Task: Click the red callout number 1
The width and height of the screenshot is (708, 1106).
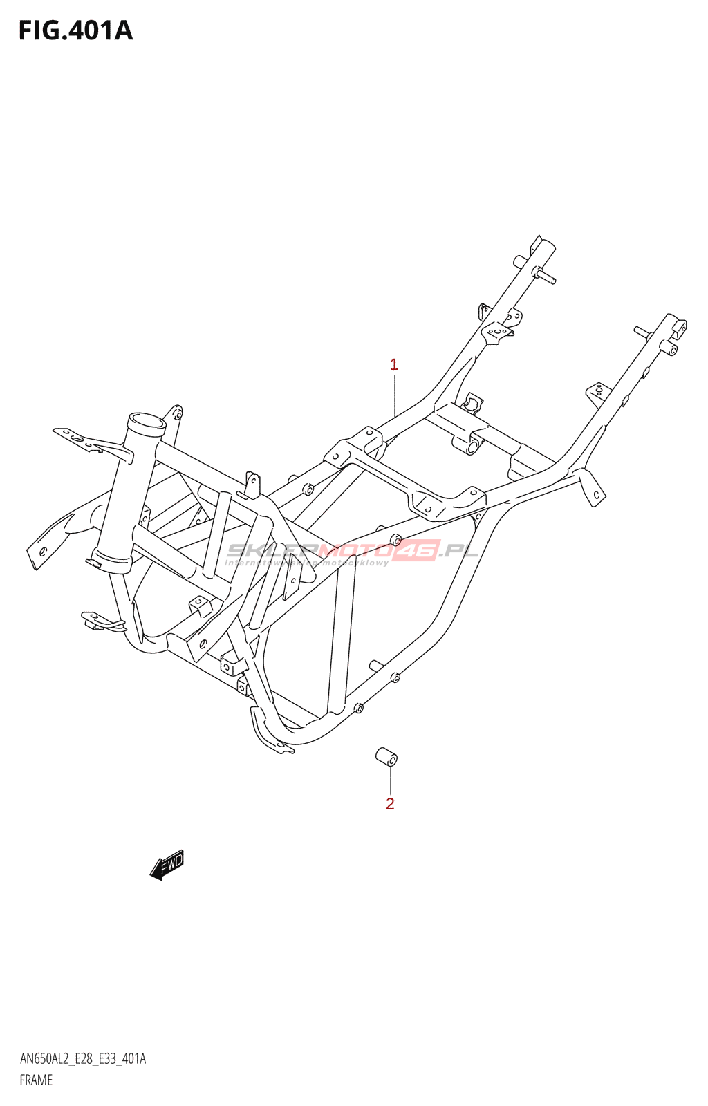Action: click(393, 365)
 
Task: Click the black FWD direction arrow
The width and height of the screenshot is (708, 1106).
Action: click(167, 865)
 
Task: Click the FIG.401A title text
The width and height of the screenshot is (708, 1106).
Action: click(75, 30)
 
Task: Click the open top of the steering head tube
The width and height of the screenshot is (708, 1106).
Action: click(146, 422)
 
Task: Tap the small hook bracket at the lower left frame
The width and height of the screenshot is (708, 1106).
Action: click(101, 621)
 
